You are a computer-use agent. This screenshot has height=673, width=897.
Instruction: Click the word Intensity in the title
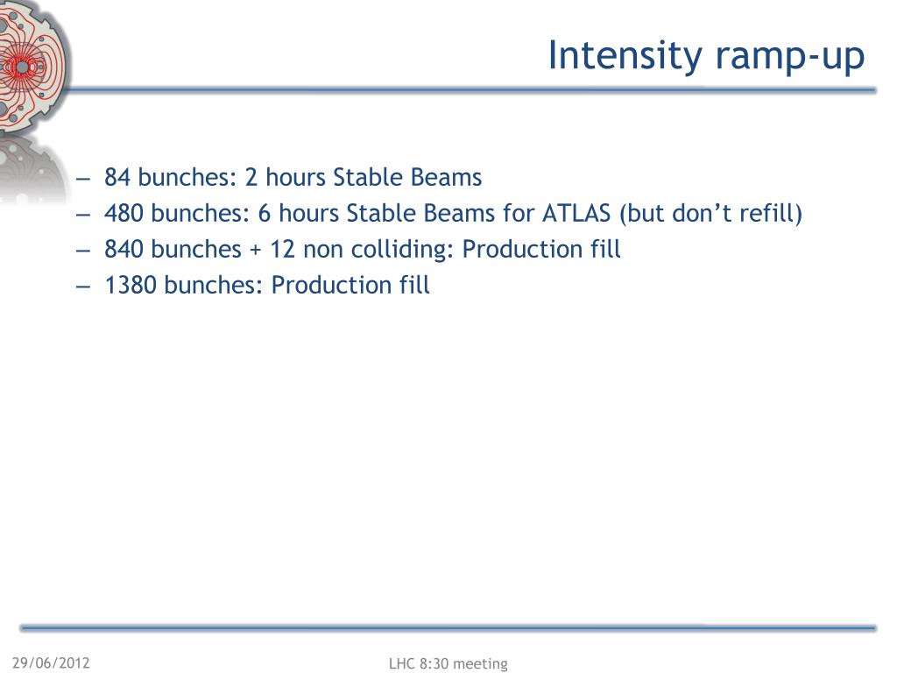coord(625,57)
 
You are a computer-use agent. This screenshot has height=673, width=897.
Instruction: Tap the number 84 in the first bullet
coord(117,177)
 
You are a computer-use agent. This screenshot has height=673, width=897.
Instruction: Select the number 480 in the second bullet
coord(124,214)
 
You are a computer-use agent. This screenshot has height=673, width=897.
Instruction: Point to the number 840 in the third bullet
coord(124,250)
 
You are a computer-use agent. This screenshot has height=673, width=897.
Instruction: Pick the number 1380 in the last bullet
coord(131,285)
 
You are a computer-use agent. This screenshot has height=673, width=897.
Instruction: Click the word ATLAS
coord(576,214)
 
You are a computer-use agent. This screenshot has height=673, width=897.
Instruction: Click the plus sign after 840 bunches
coord(255,251)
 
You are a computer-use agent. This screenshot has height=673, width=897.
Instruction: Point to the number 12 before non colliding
coord(283,250)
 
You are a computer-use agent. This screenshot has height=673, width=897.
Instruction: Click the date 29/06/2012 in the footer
coord(51,662)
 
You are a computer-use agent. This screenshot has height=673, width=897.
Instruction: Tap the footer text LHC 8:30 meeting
coord(448,663)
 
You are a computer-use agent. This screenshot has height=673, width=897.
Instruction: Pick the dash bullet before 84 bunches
coord(83,179)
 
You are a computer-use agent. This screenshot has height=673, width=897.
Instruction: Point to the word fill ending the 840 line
coord(606,249)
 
